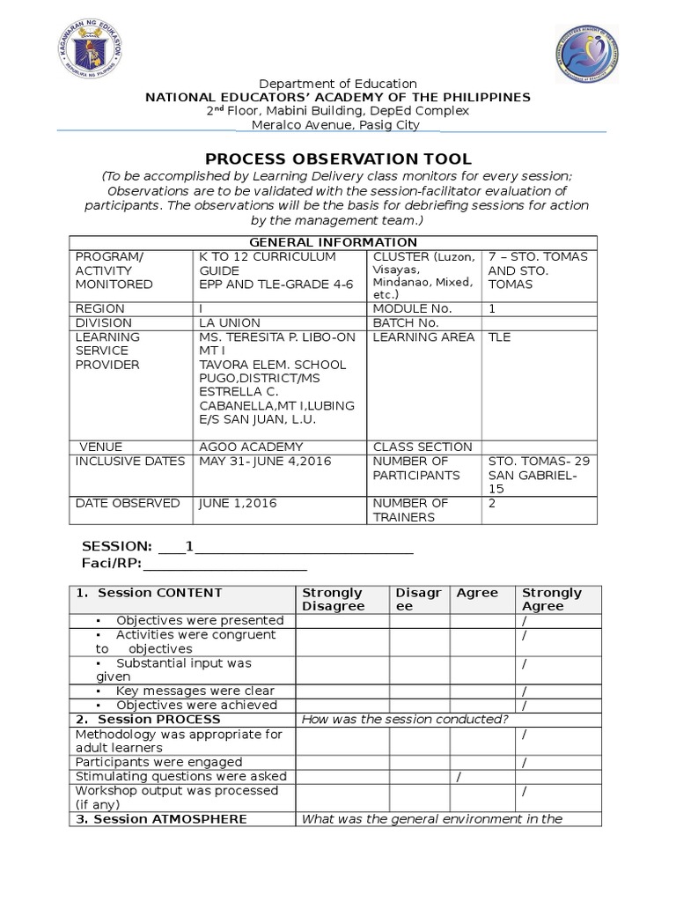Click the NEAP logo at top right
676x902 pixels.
pos(587,55)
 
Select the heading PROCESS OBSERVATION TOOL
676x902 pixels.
pos(338,159)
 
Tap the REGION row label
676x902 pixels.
pos(100,309)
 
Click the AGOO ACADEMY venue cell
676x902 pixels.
pos(251,447)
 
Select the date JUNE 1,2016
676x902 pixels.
pos(238,503)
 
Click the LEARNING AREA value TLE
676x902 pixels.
pos(499,337)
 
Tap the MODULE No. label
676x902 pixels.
pos(412,309)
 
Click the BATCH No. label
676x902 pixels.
pos(406,323)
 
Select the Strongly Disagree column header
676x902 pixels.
pos(333,600)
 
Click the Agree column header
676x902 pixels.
pos(477,593)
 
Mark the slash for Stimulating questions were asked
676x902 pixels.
pos(458,776)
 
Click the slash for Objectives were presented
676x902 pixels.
pos(524,621)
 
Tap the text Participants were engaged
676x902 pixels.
pos(158,762)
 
